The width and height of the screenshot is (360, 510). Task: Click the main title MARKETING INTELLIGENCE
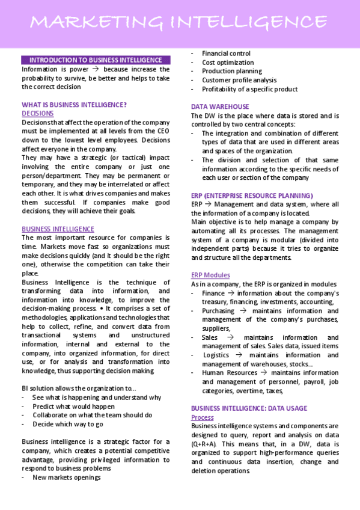(180, 23)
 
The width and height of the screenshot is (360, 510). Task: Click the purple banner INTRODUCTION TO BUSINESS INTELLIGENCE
(96, 60)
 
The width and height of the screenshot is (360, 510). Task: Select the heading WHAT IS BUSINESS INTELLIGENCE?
(74, 104)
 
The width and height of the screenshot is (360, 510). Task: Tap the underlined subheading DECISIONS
(37, 113)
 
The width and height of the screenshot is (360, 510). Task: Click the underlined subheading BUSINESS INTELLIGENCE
(58, 229)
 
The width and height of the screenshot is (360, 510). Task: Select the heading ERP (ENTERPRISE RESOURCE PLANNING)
(252, 195)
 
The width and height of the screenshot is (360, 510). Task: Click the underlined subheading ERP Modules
(210, 275)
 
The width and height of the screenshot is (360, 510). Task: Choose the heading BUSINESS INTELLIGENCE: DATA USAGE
(249, 408)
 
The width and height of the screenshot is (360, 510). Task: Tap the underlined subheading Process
(203, 417)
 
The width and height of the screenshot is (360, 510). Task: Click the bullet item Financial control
(226, 54)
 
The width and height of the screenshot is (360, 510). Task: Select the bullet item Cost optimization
(228, 63)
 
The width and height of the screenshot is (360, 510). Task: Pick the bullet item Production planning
(231, 71)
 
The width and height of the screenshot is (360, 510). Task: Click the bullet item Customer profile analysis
(239, 80)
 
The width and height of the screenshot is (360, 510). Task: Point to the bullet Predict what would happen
(73, 406)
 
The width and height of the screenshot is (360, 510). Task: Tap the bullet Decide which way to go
(67, 424)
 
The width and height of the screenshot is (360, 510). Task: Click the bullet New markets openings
(66, 477)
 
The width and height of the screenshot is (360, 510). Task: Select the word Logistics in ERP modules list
(216, 355)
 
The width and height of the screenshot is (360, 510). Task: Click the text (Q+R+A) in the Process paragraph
(206, 444)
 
